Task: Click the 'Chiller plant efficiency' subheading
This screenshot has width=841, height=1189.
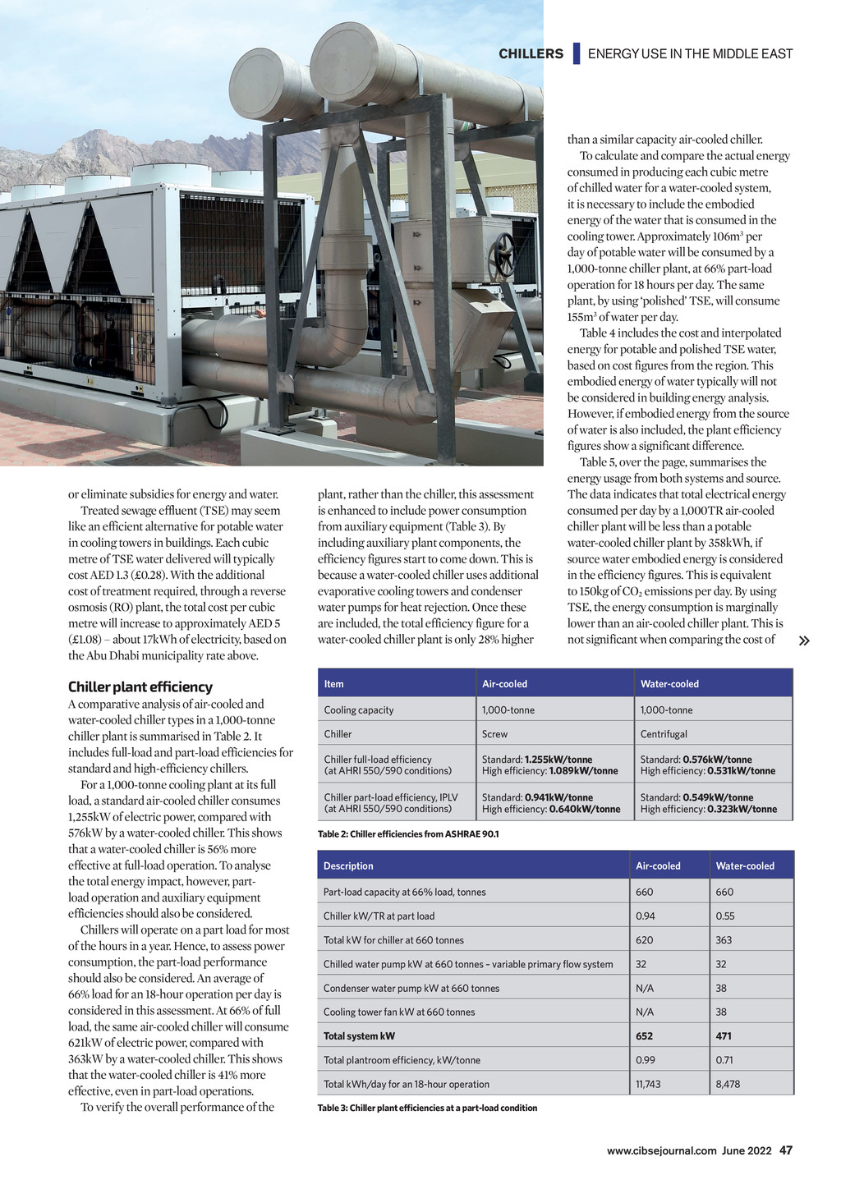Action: click(140, 686)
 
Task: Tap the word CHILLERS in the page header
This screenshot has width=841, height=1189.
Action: click(531, 54)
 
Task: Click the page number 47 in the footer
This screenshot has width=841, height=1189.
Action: click(786, 1150)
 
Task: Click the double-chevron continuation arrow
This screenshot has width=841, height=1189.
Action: click(804, 640)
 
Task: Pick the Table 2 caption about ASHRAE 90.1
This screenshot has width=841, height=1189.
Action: click(408, 834)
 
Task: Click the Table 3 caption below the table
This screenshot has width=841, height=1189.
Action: click(427, 1108)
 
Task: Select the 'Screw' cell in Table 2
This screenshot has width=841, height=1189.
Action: click(494, 734)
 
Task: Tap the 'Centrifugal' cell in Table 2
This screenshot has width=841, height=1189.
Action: click(664, 734)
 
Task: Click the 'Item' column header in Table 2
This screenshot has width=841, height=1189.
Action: click(334, 684)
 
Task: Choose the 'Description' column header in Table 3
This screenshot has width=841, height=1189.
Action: click(348, 865)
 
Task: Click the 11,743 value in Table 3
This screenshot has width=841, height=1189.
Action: click(648, 1084)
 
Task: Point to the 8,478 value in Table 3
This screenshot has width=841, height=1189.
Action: click(728, 1084)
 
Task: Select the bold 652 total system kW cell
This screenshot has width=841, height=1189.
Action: click(645, 1036)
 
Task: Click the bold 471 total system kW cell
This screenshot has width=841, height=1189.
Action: click(724, 1036)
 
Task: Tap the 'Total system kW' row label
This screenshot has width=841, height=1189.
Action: click(359, 1036)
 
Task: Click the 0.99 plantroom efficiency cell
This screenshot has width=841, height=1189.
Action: click(646, 1060)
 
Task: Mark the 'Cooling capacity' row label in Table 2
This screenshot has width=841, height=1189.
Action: click(359, 710)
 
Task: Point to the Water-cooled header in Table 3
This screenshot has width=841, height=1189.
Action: click(745, 865)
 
